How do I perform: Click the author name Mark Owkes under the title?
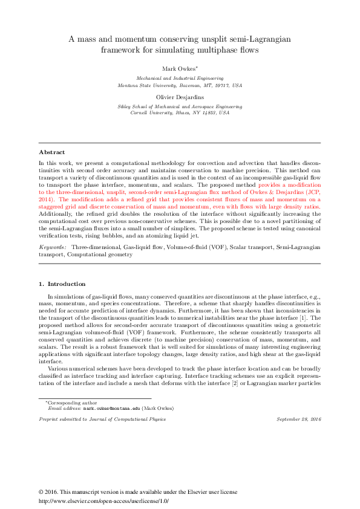coord(178,68)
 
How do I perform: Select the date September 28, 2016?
coord(298,418)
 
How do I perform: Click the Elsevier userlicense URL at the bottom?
coord(103,501)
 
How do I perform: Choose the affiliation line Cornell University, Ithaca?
coord(180,113)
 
